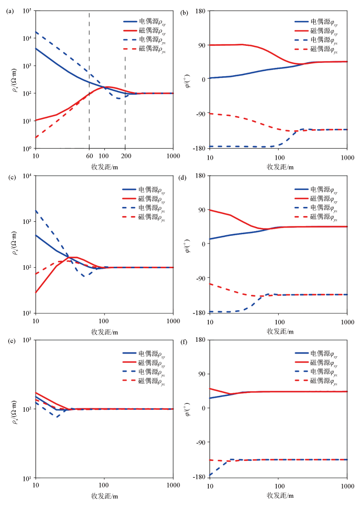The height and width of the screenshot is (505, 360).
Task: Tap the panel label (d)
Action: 184,177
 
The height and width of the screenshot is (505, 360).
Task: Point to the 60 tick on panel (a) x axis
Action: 89,156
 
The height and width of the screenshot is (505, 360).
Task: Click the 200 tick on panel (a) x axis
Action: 125,156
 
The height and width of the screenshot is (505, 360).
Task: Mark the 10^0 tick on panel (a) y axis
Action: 27,149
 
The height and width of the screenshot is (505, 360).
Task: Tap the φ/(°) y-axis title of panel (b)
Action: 188,79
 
